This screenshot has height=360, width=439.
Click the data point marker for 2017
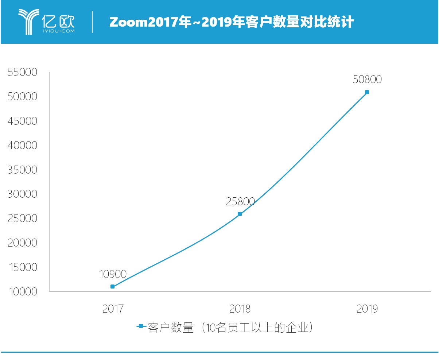112,287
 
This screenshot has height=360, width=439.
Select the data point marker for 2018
240,214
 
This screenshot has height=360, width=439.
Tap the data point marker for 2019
367,92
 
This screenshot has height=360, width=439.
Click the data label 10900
113,274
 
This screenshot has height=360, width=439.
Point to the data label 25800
240,202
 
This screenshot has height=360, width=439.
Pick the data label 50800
367,80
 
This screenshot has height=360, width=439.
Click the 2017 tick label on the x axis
113,309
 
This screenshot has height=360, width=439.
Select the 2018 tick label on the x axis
240,309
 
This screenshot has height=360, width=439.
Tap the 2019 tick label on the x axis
367,309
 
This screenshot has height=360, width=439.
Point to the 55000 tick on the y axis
23,72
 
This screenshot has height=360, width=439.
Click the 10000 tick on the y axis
23,292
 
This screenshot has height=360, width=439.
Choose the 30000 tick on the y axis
23,194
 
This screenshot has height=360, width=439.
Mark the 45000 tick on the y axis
23,121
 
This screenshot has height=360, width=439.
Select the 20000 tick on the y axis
23,243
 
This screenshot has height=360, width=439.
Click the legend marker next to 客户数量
141,326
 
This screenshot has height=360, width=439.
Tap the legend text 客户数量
170,328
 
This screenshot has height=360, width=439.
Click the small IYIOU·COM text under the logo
59,31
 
